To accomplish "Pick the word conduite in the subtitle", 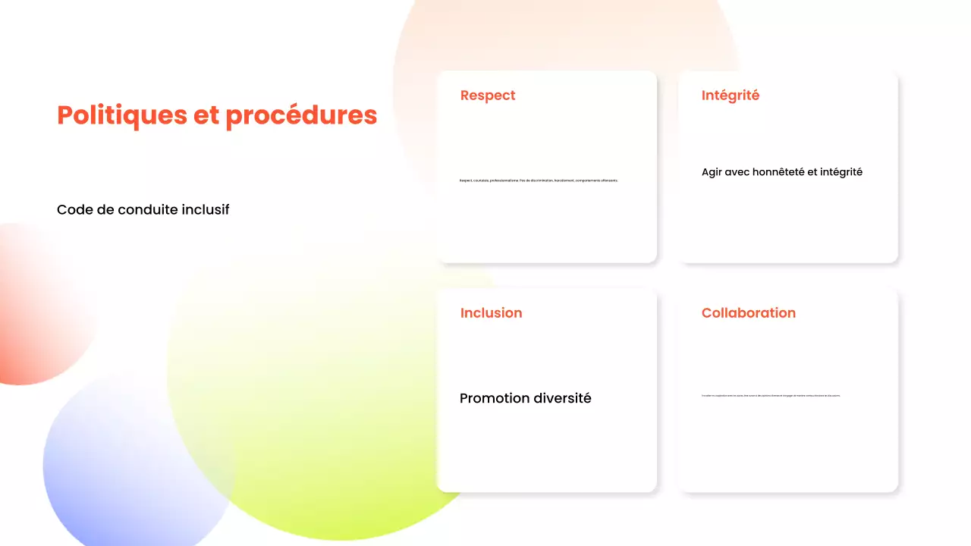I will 148,210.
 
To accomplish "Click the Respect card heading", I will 488,96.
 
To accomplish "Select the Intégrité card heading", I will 730,96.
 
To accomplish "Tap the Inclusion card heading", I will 491,313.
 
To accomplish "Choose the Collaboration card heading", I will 748,313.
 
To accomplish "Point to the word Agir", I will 712,172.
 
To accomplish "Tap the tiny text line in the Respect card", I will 539,180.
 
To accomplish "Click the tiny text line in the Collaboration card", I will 771,396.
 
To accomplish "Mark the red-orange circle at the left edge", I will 30,303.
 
